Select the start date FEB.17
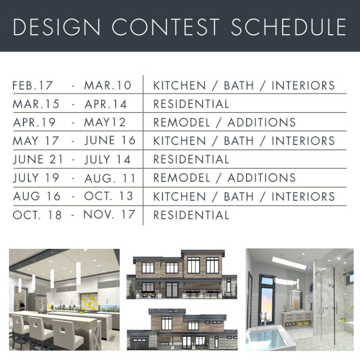point(33,86)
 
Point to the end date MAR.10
point(108,86)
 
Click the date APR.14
point(106,104)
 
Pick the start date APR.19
point(34,123)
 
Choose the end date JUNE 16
point(110,141)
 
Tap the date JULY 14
point(108,159)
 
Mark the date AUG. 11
point(110,178)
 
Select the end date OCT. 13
point(109,196)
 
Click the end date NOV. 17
point(109,215)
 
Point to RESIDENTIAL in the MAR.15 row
point(191,104)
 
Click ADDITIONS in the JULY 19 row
point(262,178)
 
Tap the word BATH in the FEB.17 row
point(240,86)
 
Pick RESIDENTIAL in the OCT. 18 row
point(191,215)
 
